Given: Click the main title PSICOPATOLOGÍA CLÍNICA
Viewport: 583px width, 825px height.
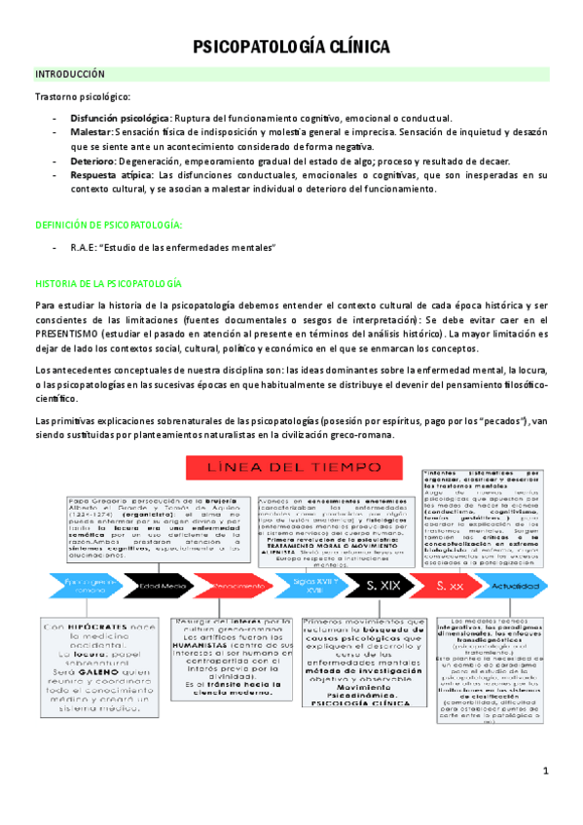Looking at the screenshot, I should pos(291,47).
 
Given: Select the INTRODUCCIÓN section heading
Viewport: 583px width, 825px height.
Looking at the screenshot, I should pos(70,74).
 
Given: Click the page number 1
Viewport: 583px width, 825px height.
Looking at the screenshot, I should pos(546,771).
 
